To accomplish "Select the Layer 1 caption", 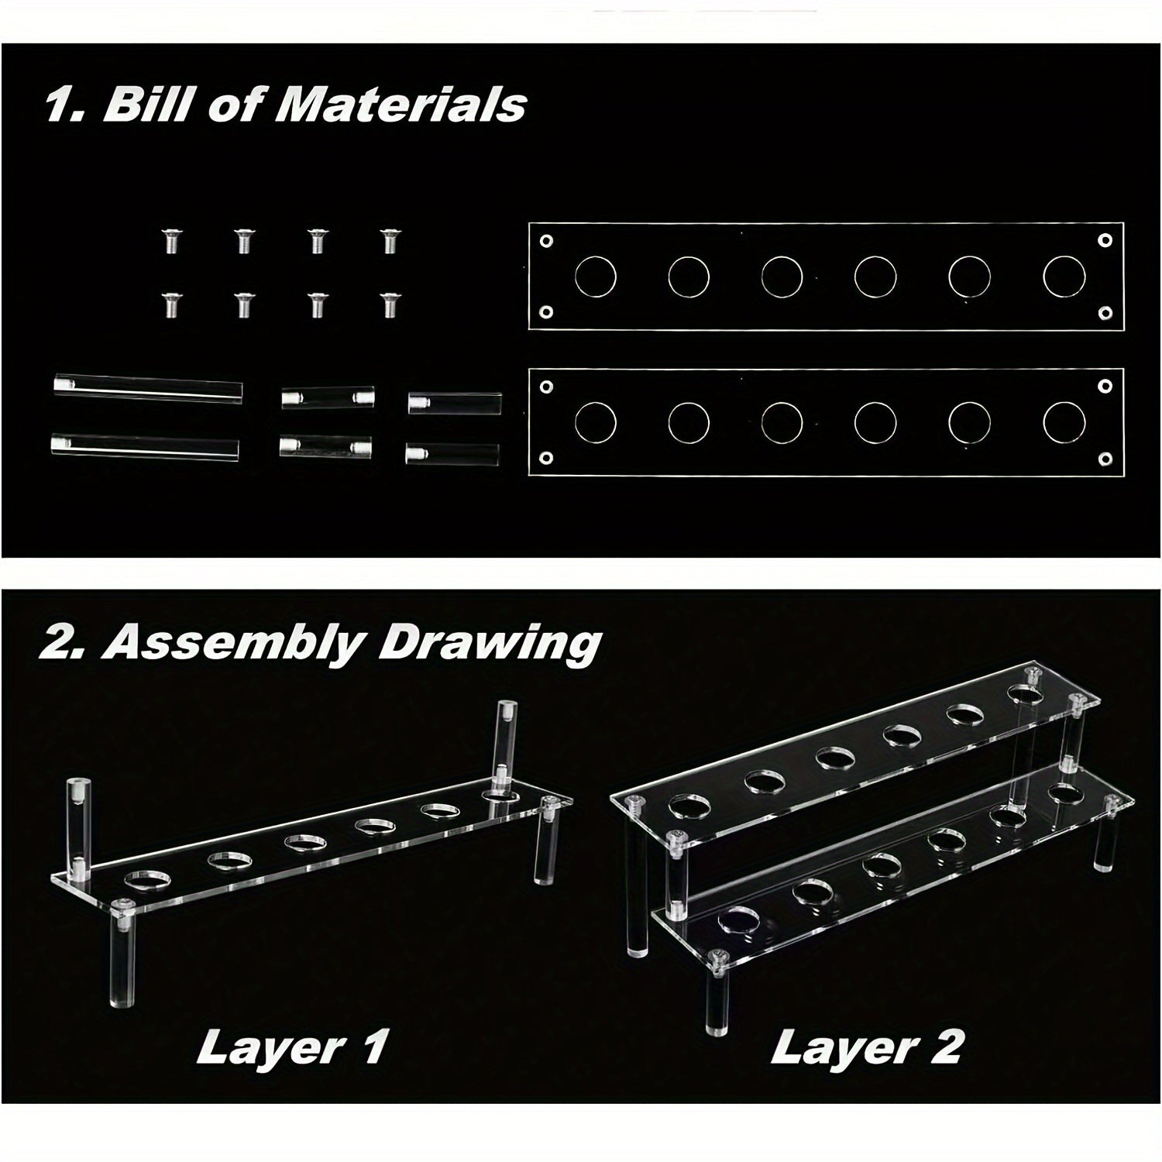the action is click(x=290, y=1048).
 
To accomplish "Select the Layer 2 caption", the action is click(x=866, y=1048).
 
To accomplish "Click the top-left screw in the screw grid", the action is click(x=170, y=241).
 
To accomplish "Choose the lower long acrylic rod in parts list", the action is click(x=145, y=448).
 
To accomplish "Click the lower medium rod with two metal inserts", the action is click(x=325, y=447).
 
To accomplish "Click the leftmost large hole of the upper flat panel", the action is click(x=595, y=277).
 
